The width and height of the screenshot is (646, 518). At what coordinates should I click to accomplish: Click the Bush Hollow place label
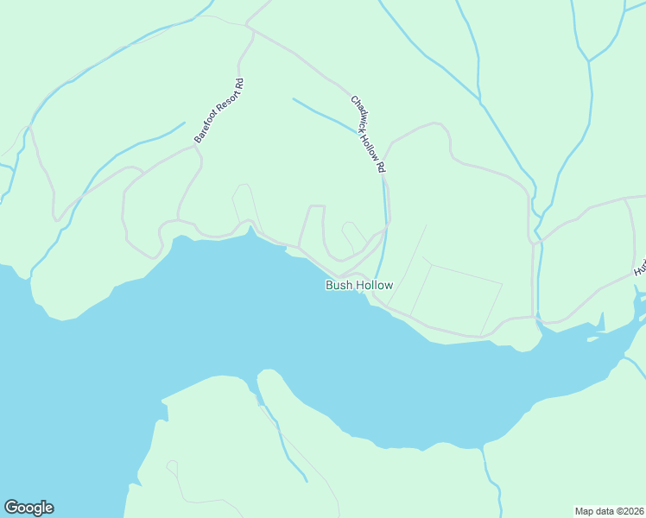[359, 285]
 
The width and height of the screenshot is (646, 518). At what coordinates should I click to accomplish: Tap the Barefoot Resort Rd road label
[219, 111]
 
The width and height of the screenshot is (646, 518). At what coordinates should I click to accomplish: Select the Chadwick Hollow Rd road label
[367, 134]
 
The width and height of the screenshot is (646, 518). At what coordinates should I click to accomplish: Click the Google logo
[28, 508]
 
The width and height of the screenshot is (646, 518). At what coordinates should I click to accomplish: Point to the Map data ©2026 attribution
[609, 510]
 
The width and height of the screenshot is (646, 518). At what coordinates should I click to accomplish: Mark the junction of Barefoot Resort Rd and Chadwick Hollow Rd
[249, 28]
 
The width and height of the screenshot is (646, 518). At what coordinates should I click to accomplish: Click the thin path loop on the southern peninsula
[172, 468]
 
